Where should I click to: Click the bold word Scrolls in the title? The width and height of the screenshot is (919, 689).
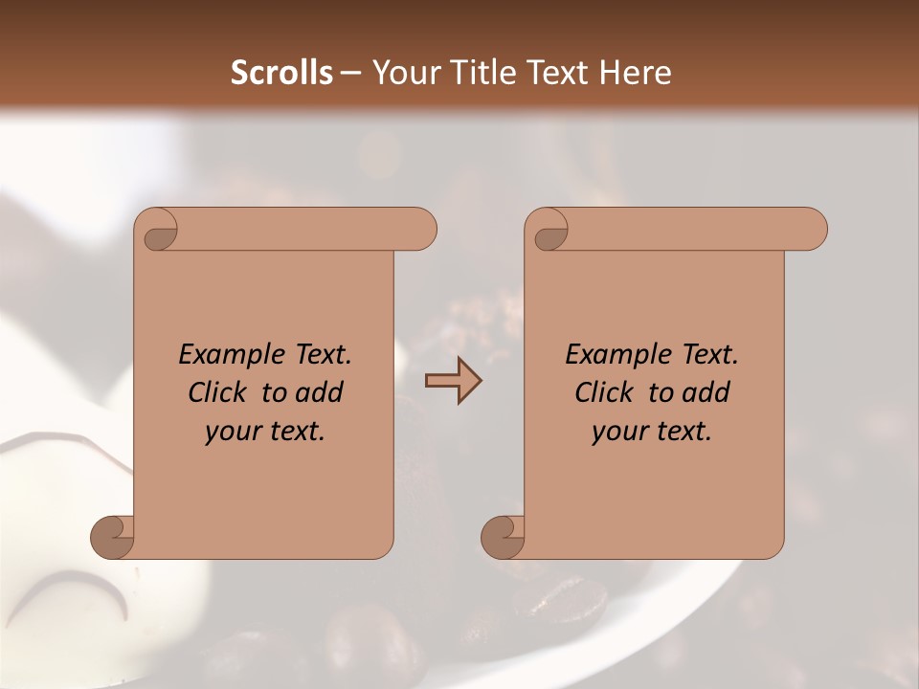[282, 73]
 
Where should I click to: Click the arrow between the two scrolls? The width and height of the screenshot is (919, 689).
[453, 381]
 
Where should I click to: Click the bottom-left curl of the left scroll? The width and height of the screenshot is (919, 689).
[113, 538]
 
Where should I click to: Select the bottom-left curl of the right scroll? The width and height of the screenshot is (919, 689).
[503, 538]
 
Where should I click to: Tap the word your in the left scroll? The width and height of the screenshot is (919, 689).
[231, 433]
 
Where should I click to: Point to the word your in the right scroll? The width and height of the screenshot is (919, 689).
[617, 433]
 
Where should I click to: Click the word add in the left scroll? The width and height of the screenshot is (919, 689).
[320, 392]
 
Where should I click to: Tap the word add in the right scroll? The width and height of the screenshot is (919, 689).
[706, 392]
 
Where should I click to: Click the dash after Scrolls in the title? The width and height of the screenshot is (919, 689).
[351, 73]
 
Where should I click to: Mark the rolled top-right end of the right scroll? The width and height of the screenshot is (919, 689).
[810, 230]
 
